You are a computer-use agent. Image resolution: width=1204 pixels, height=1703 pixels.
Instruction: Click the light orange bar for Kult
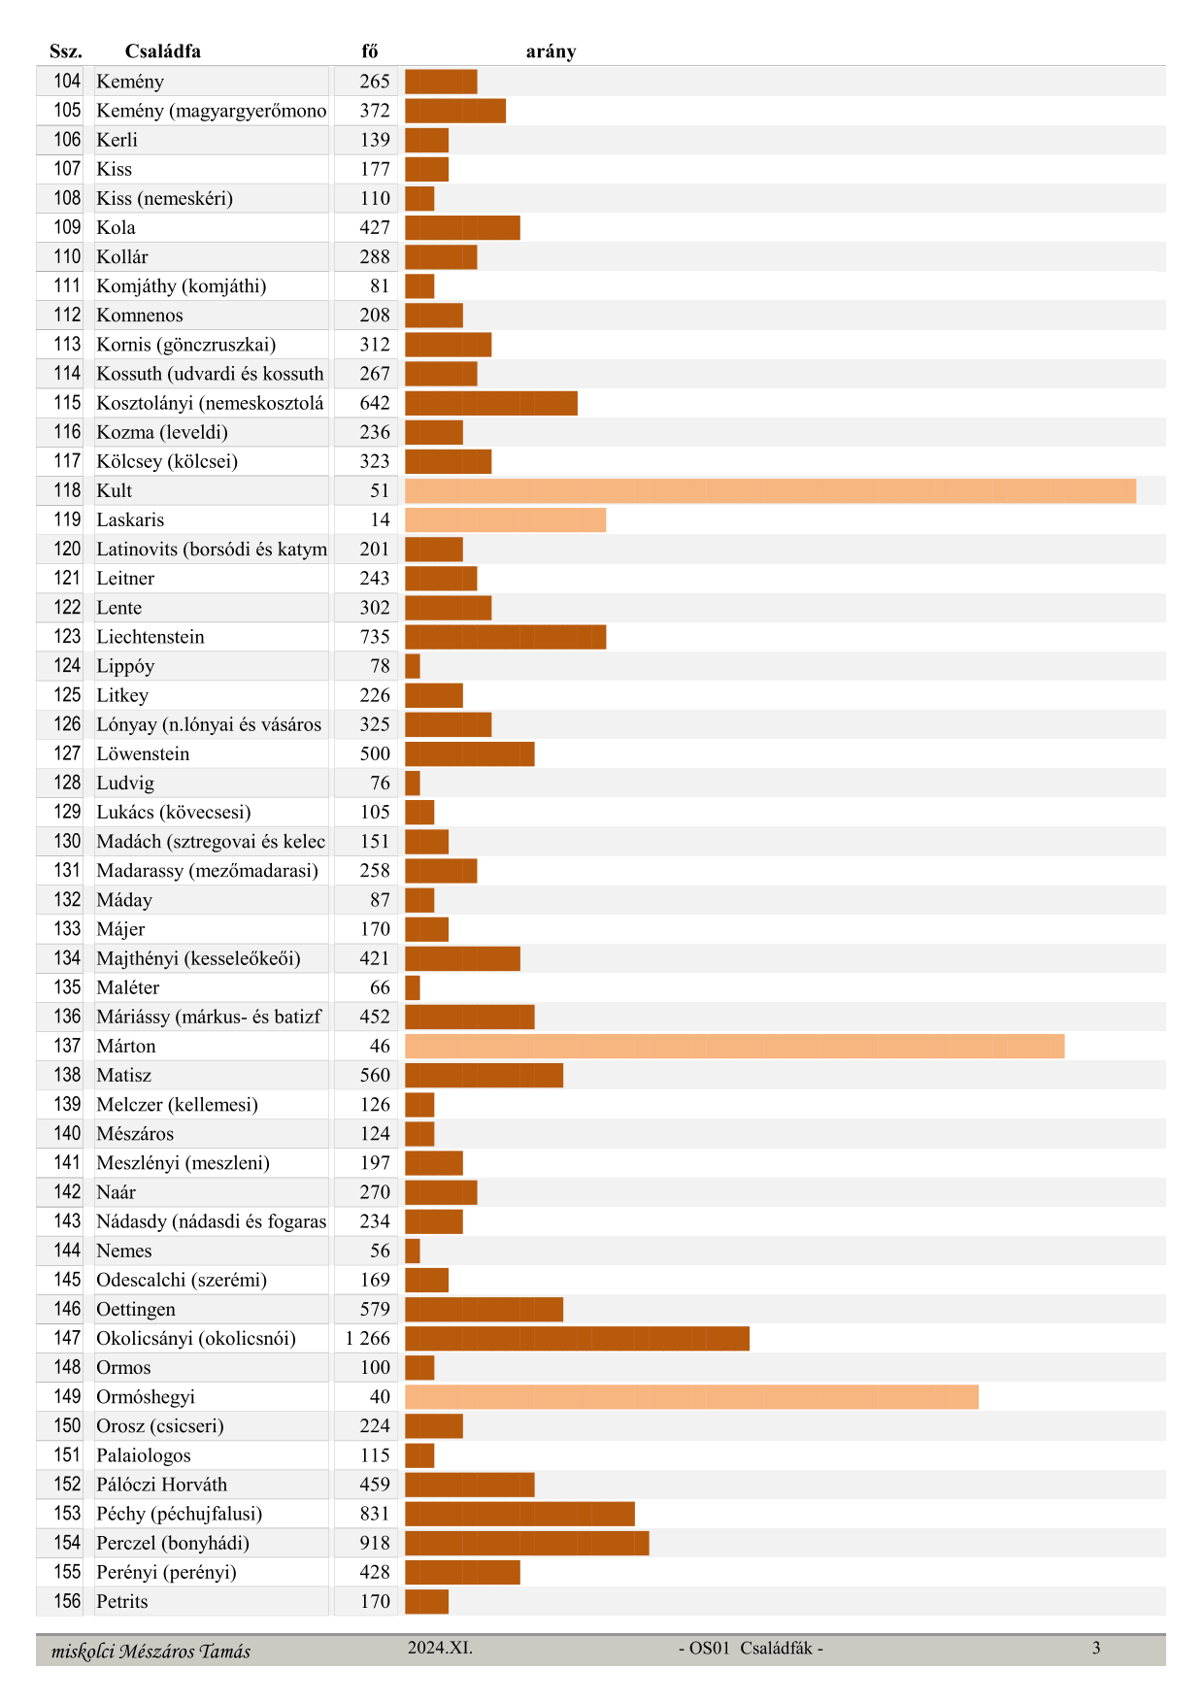tap(770, 491)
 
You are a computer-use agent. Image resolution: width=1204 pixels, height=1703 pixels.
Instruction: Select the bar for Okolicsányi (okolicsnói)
tap(577, 1339)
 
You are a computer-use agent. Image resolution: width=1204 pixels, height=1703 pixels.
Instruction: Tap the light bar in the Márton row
tap(734, 1047)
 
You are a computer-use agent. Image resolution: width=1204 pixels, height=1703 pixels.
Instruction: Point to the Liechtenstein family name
tap(150, 637)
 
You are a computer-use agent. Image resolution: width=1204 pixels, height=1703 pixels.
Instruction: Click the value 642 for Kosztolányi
tap(375, 403)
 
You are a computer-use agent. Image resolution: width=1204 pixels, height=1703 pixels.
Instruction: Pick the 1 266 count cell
tap(367, 1339)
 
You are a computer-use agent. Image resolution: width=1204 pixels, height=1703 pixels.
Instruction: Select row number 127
tap(67, 753)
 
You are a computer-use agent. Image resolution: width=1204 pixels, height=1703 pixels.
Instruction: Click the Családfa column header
tap(162, 51)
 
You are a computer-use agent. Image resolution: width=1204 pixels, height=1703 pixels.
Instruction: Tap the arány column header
tap(551, 51)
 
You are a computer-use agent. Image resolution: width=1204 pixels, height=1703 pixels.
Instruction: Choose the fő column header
tap(369, 51)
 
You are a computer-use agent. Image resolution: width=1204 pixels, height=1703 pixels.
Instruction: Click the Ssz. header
tap(66, 51)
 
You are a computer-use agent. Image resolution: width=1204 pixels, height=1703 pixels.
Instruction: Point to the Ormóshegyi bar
tap(691, 1397)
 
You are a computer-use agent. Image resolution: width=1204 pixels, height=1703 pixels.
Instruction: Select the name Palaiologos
tap(144, 1455)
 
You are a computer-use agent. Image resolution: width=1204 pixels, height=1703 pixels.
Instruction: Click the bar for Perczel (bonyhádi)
tap(526, 1543)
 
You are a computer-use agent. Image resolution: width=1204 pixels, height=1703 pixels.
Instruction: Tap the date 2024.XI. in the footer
tap(440, 1648)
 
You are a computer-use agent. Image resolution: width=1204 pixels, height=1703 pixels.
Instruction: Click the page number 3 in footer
tap(1096, 1648)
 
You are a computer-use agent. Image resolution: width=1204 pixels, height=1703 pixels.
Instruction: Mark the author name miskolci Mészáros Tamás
tap(150, 1652)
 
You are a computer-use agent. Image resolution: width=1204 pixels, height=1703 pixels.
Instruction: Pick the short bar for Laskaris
tap(505, 520)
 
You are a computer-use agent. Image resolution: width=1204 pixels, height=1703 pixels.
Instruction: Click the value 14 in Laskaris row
tap(380, 520)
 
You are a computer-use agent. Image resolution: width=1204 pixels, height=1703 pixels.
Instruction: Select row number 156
tap(67, 1601)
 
